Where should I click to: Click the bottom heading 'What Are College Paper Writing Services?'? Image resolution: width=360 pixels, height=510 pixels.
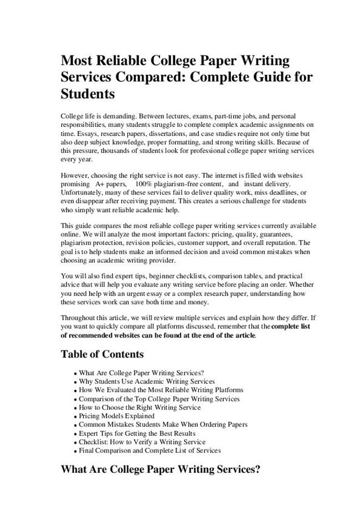[161, 470]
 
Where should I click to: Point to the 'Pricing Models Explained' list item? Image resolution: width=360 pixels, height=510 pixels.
[117, 416]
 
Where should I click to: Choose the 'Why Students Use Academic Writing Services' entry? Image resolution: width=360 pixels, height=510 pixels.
[147, 381]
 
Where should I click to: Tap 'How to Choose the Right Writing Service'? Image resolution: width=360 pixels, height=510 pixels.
[140, 407]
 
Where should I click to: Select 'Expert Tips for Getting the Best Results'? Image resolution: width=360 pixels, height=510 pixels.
[137, 433]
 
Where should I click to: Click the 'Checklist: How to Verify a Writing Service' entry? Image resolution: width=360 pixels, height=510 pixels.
[142, 442]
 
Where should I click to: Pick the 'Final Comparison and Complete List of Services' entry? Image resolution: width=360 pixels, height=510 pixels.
[150, 451]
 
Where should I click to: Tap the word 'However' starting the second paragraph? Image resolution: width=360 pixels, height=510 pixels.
[75, 175]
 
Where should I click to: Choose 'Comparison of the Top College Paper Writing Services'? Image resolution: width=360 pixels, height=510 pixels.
[160, 399]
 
